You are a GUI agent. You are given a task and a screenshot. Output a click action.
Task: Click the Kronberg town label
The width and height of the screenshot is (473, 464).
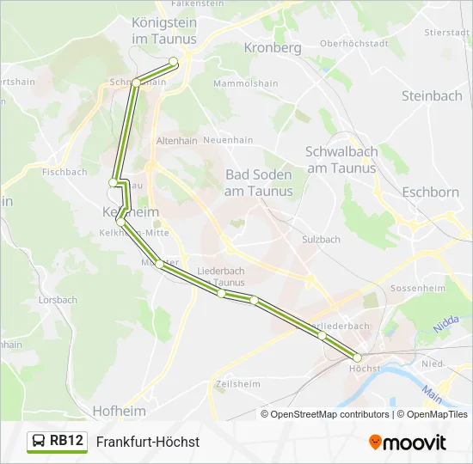click(273, 48)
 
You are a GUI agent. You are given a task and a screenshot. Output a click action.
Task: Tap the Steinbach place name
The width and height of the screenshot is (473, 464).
click(432, 96)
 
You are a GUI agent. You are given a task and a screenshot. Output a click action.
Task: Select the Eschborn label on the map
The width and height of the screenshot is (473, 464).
click(430, 192)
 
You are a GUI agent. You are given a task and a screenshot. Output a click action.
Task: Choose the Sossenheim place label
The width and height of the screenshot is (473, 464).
click(416, 289)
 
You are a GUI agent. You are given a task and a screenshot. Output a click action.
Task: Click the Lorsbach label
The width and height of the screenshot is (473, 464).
click(58, 300)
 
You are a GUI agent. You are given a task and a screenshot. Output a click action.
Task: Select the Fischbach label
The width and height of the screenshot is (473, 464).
click(64, 172)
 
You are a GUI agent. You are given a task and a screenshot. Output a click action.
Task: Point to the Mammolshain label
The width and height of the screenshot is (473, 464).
click(245, 84)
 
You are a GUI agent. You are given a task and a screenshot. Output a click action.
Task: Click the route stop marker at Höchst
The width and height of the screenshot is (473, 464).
click(357, 357)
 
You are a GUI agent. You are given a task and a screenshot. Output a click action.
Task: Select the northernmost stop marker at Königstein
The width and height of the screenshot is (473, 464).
click(174, 61)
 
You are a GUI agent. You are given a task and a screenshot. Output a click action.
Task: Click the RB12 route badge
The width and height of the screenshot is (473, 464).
click(67, 441)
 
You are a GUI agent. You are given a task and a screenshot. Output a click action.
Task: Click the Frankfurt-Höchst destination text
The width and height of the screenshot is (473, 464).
click(148, 442)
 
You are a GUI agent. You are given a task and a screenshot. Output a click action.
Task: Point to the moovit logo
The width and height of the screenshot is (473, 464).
click(408, 443)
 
